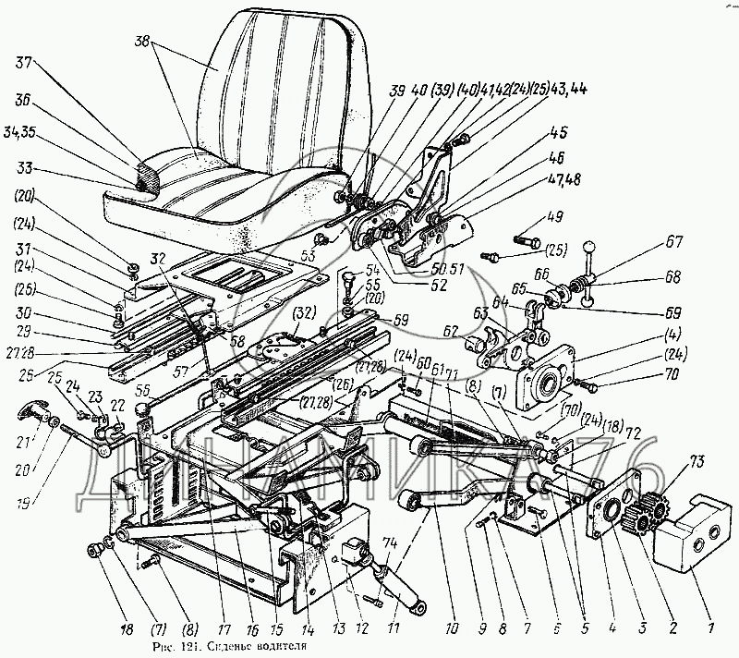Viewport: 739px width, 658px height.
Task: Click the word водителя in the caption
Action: pyautogui.click(x=273, y=648)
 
